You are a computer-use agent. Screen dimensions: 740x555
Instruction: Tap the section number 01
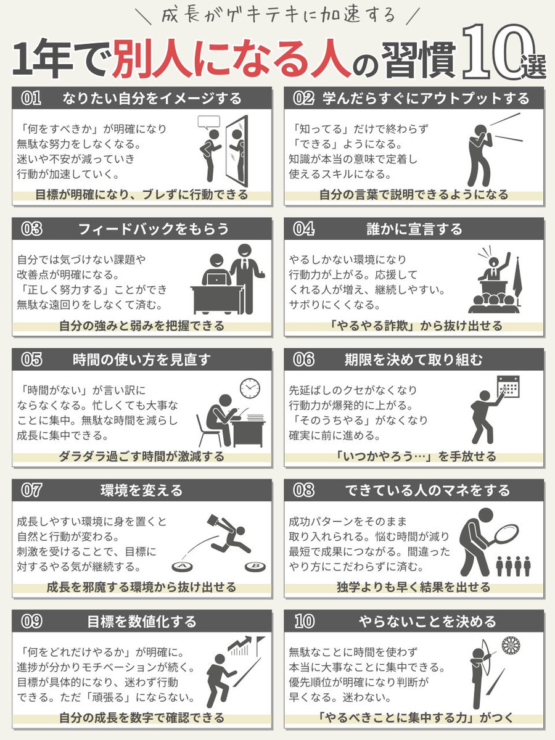coord(31,98)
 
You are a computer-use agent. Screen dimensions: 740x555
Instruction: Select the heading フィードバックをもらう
coord(153,229)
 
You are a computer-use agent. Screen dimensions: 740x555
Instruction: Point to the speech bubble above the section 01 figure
coord(208,121)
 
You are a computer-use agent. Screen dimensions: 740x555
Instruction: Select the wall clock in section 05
coord(250,388)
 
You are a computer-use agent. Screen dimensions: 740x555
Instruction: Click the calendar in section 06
coord(508,387)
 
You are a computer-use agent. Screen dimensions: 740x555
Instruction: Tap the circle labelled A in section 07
coord(182,565)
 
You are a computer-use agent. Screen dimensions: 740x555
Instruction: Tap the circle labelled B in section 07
coord(253,565)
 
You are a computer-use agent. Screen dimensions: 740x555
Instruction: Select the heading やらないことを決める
coord(427,621)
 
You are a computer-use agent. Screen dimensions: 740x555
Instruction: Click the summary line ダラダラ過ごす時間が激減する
coord(142,457)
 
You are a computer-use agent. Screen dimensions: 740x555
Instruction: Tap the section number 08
coord(303,490)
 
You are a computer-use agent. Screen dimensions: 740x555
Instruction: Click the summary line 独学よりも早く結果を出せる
coord(414,587)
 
